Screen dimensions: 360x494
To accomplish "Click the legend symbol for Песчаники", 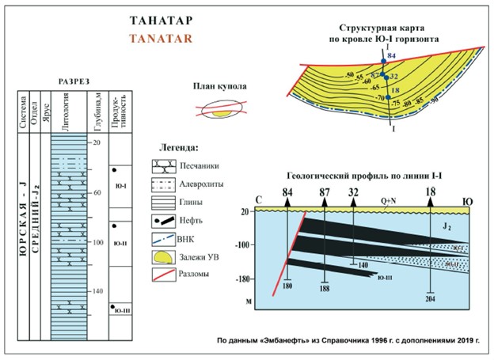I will [165, 167].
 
